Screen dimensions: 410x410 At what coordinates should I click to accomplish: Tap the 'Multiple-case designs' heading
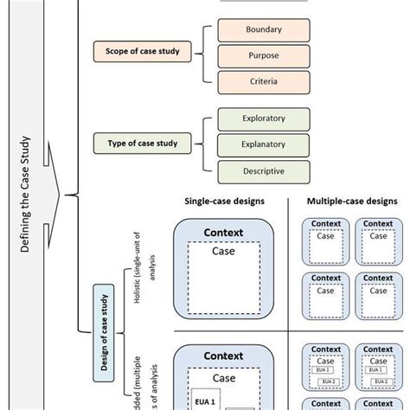(352, 201)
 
